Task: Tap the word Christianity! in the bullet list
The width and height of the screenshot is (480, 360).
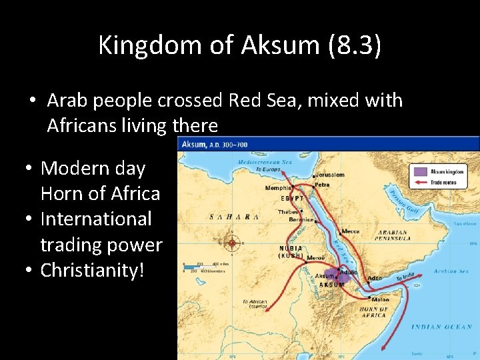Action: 93,271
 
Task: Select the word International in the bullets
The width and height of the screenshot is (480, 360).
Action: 97,219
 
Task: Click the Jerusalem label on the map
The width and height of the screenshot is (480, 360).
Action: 330,175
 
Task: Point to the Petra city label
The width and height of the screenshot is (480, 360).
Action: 323,185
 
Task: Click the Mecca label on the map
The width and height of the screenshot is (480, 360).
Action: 351,231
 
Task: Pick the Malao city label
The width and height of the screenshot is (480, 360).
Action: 380,300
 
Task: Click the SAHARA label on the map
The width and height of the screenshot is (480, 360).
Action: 233,217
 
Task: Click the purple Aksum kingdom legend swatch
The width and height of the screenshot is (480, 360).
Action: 419,171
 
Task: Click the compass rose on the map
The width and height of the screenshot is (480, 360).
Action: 232,243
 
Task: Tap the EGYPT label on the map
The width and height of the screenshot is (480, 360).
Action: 292,198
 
